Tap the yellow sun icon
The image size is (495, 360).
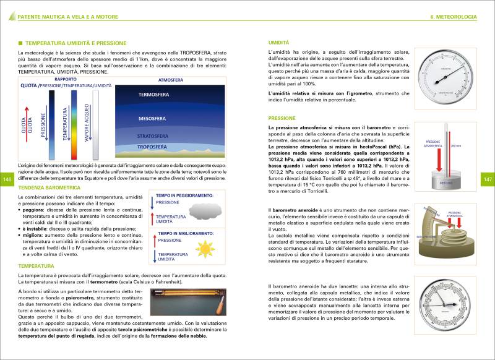click(x=204, y=249)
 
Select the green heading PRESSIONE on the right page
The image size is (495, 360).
click(x=282, y=118)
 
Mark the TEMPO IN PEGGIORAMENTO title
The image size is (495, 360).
click(x=184, y=195)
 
